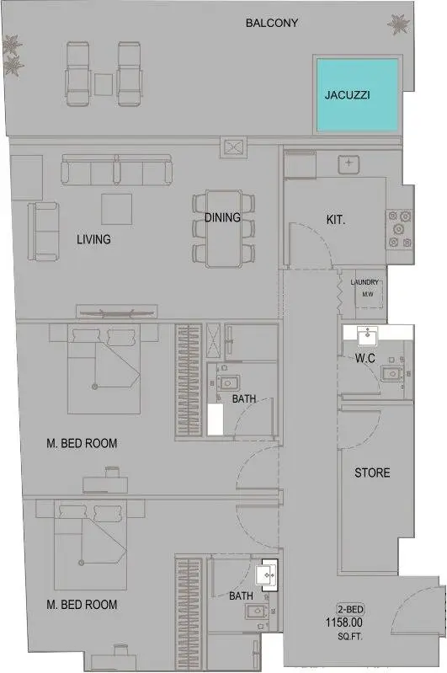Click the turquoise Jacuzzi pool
357,95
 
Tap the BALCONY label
272,23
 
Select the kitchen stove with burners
400,228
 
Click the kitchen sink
349,163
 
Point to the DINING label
222,217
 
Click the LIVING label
93,239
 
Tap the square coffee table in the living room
116,209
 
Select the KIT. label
336,220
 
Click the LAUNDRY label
365,282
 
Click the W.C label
365,357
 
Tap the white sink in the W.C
368,335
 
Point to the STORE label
372,473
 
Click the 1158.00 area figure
344,622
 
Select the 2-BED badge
350,610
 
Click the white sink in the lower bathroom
266,574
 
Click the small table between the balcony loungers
104,84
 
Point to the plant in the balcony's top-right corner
398,24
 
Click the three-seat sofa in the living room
116,169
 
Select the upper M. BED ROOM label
82,443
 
